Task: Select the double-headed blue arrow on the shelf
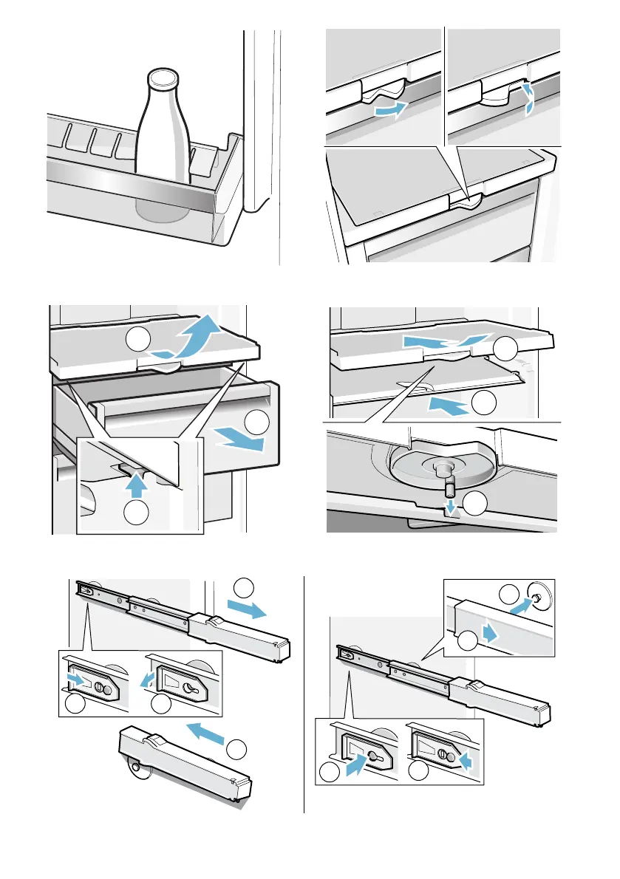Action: point(446,341)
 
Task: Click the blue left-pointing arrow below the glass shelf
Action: point(448,405)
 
